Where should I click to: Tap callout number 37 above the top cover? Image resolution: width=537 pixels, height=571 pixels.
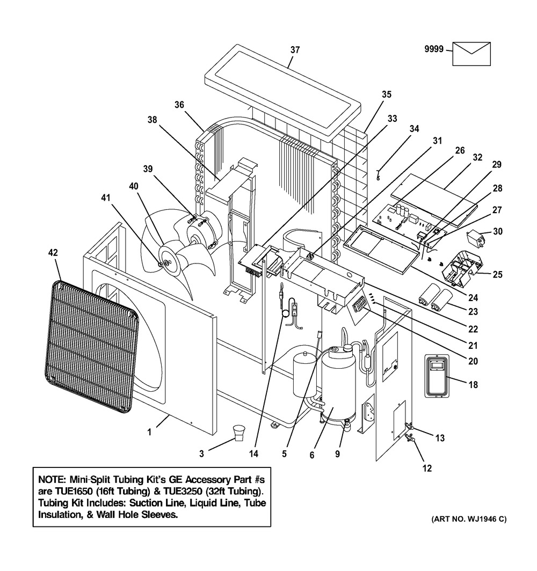295,50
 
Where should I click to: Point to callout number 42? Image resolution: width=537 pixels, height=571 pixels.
55,252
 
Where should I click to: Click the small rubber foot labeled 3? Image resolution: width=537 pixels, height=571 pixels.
239,433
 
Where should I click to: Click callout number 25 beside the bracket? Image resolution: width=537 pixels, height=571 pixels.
497,275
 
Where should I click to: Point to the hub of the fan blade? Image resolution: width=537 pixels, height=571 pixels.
166,262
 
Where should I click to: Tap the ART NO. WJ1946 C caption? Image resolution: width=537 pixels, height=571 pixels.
468,519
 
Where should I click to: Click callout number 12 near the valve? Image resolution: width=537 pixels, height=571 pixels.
427,468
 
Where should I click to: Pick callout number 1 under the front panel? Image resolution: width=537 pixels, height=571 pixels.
150,431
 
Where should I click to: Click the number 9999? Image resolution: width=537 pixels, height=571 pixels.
433,49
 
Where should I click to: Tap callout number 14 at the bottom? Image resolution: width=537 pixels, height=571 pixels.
253,454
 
